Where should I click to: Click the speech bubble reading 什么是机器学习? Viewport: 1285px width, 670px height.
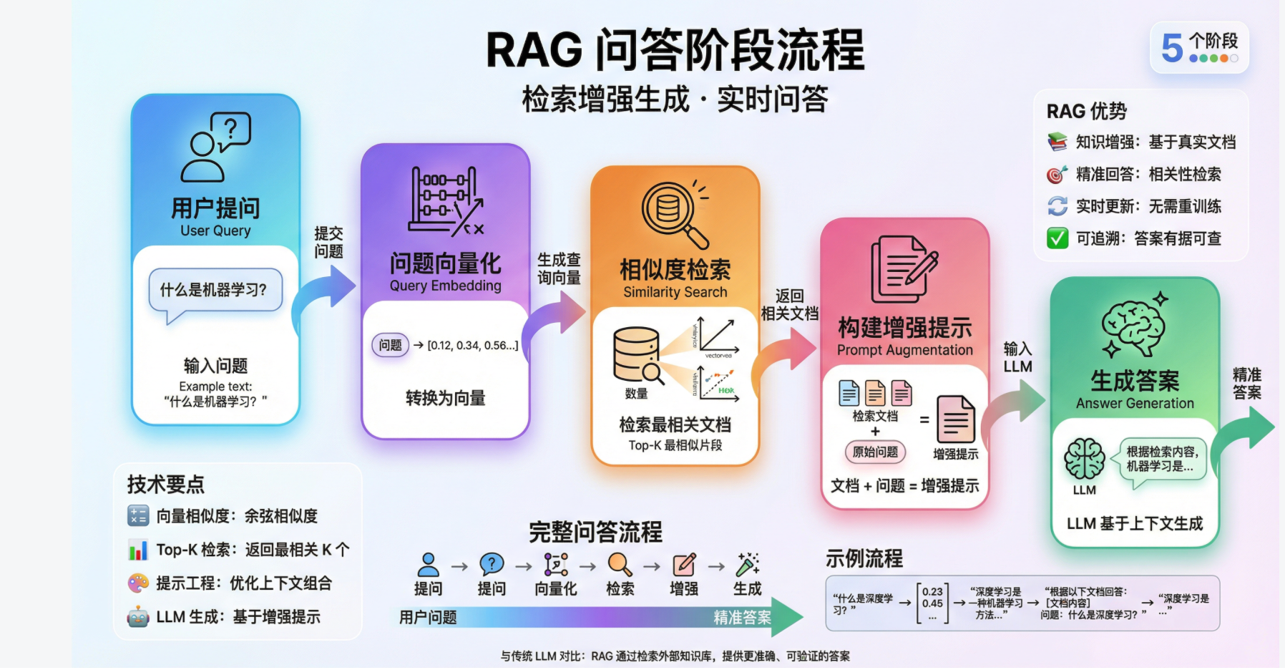point(214,290)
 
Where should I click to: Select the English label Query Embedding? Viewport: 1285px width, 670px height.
point(445,286)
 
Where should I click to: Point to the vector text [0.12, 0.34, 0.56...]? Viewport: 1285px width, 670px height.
point(472,346)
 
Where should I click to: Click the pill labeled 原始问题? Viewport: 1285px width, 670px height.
point(875,452)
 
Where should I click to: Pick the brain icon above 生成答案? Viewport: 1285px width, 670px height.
point(1134,326)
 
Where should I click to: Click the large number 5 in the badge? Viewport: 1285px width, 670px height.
point(1172,49)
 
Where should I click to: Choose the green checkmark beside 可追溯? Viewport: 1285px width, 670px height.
point(1057,238)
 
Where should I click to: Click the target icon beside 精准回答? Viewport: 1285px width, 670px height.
point(1057,175)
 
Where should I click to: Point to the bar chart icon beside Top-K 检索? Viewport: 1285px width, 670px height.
point(138,550)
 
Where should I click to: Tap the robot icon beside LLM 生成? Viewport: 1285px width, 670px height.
point(138,616)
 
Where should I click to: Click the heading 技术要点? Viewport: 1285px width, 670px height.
point(166,485)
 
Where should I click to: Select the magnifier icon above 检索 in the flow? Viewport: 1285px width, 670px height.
point(620,565)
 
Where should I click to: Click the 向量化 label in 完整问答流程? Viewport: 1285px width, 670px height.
point(556,588)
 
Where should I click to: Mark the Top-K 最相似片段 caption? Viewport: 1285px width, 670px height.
point(675,445)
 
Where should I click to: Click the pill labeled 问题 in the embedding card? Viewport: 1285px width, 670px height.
point(390,345)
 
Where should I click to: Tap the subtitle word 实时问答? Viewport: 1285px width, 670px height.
point(773,99)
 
